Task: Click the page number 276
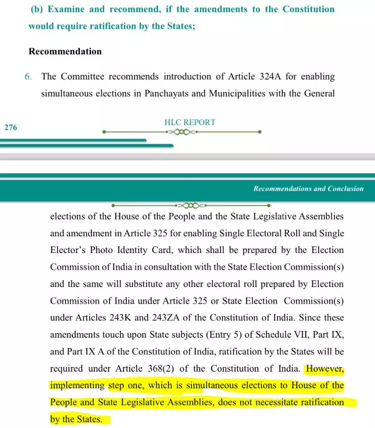11,127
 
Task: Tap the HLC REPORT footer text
190,122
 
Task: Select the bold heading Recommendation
65,51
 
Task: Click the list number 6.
28,77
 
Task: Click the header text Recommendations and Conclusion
309,188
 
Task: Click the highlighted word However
325,369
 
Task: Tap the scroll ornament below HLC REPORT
182,132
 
